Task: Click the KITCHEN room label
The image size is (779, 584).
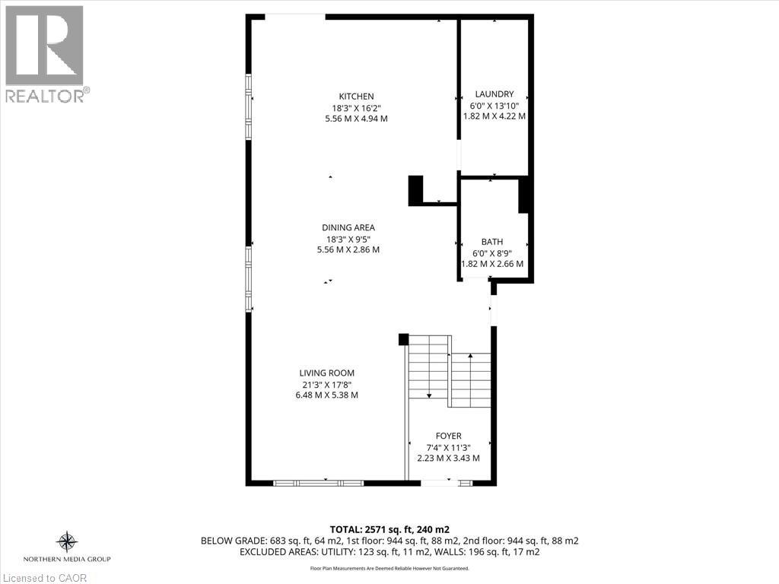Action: (356, 96)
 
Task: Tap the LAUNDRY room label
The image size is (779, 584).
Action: (494, 94)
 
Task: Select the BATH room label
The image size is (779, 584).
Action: (491, 242)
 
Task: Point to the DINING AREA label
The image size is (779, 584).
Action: (348, 227)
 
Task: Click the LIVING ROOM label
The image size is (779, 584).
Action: (326, 373)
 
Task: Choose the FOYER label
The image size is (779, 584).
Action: (448, 436)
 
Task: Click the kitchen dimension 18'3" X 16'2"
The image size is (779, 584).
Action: (356, 107)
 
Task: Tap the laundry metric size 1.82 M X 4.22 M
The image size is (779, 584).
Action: (494, 116)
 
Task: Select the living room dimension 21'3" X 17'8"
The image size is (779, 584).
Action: (326, 384)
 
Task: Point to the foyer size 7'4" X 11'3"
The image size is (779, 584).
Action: (448, 447)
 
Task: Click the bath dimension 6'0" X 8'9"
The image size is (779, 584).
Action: (491, 253)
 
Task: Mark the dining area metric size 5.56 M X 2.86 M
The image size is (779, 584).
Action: (348, 249)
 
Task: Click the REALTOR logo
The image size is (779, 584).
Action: (45, 53)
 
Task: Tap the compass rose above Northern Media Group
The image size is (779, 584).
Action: (68, 542)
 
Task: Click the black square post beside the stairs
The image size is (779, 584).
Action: (404, 340)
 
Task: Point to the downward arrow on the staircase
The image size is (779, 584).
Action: (429, 395)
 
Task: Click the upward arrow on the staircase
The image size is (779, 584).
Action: (471, 356)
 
